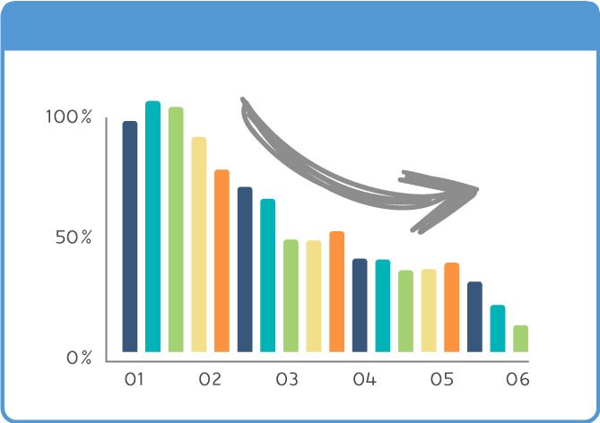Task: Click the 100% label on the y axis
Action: click(69, 117)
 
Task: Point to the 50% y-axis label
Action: click(74, 237)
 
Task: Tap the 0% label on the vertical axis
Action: click(79, 358)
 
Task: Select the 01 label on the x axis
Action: click(134, 379)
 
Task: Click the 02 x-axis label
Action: click(210, 379)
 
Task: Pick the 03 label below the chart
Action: click(287, 379)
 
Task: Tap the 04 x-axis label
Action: click(365, 379)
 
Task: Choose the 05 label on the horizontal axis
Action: click(442, 379)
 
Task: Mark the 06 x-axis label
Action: click(517, 379)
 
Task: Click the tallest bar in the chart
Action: click(152, 227)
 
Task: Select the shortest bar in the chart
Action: click(521, 339)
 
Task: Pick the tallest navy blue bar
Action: click(130, 237)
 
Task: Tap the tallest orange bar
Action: click(222, 261)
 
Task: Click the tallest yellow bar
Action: click(199, 245)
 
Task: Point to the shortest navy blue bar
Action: click(474, 316)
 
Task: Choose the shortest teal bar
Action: click(498, 329)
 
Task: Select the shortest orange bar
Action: click(451, 307)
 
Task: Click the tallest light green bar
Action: click(176, 229)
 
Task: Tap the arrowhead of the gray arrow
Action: click(477, 189)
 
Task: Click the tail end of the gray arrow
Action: click(243, 100)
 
